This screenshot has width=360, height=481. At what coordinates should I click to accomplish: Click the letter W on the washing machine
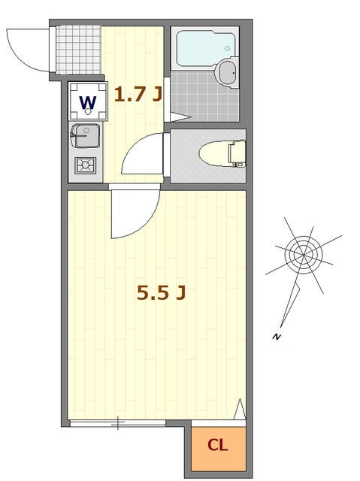[88, 102]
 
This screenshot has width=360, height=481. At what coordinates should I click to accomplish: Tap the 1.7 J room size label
[138, 94]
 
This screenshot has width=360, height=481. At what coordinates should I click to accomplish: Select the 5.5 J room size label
[162, 292]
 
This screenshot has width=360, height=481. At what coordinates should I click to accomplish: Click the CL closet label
[218, 445]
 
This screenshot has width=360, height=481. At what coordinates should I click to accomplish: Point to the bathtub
[205, 48]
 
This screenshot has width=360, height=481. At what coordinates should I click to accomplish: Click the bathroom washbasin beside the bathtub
[227, 72]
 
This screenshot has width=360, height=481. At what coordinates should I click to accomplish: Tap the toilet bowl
[215, 153]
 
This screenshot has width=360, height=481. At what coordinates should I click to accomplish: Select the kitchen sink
[85, 135]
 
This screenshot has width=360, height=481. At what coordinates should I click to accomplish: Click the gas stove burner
[86, 165]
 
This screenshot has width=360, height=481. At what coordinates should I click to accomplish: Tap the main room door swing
[145, 224]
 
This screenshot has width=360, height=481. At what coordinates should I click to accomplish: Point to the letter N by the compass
[277, 337]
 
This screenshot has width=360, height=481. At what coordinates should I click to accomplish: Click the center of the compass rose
[304, 255]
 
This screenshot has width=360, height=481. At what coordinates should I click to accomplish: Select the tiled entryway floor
[79, 50]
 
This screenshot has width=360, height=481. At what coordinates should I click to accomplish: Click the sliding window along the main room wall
[118, 423]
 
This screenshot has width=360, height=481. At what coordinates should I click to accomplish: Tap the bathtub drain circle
[227, 48]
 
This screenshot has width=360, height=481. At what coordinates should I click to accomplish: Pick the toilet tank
[237, 153]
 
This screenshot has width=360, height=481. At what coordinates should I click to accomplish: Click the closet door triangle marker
[240, 409]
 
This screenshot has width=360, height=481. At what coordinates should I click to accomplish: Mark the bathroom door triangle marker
[180, 117]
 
